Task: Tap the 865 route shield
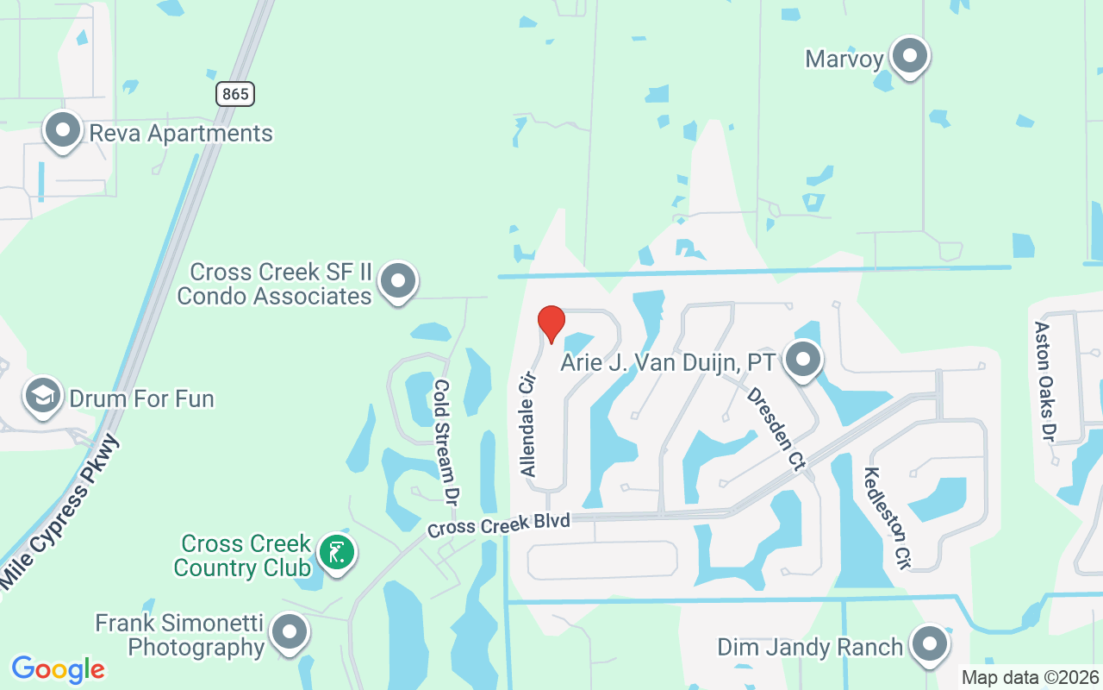tap(235, 94)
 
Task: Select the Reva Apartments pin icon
tap(62, 131)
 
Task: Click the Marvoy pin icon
tap(908, 57)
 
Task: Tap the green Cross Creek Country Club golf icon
tap(337, 552)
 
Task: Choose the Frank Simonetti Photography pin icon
tap(290, 633)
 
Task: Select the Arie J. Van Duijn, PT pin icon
tap(803, 361)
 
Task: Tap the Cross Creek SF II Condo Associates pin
tap(398, 281)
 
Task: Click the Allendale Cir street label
tap(528, 424)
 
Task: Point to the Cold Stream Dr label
tap(446, 442)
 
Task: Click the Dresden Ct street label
tap(776, 428)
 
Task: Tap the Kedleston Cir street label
tap(887, 513)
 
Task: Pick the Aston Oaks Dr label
tap(1044, 381)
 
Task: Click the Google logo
tap(58, 668)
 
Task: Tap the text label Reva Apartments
tap(181, 134)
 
